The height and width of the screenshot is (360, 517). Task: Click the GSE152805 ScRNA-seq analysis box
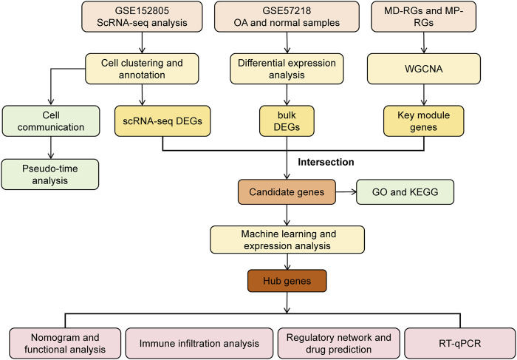[142, 16]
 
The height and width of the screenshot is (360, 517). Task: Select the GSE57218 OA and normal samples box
[287, 16]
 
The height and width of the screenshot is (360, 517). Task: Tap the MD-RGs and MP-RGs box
[424, 16]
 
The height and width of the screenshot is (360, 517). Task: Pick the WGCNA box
[424, 69]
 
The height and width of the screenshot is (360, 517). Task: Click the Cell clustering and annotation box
[142, 69]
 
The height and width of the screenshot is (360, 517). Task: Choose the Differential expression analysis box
[287, 69]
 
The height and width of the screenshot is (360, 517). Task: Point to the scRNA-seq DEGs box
[162, 120]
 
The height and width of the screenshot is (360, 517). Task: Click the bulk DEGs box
[287, 120]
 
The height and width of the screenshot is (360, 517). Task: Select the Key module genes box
[424, 120]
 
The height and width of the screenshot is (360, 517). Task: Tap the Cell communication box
[51, 120]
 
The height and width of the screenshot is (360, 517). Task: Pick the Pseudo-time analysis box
[49, 174]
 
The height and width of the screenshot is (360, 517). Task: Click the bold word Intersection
[326, 162]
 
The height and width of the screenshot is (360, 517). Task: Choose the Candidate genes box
[287, 191]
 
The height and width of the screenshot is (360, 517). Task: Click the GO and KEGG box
[405, 191]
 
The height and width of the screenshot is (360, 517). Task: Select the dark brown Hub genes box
[287, 281]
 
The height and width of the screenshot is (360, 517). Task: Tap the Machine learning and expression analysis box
[287, 240]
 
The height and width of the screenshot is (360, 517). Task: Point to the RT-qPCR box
[459, 343]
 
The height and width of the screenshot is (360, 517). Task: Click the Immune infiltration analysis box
[199, 343]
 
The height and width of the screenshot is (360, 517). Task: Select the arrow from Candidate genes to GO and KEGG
[346, 191]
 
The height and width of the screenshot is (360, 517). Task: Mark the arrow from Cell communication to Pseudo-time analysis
[51, 148]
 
